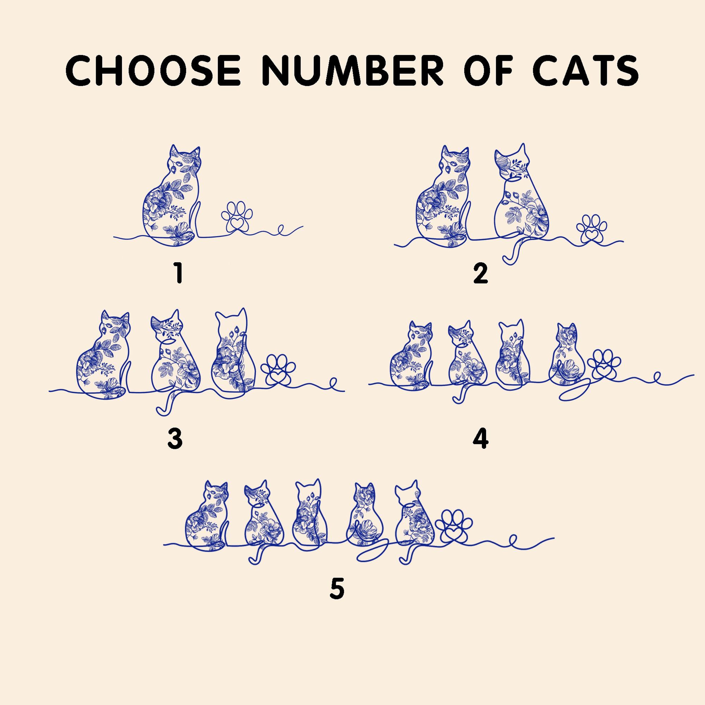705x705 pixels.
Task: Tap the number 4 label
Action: (480, 439)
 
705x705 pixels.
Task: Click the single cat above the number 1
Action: (171, 195)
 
